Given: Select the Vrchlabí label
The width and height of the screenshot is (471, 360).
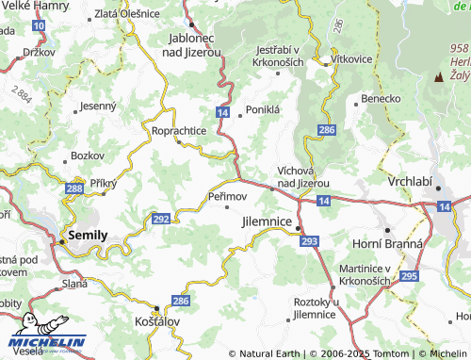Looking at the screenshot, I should pyautogui.click(x=413, y=179).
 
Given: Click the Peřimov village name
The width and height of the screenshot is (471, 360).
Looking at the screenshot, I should pyautogui.click(x=227, y=195).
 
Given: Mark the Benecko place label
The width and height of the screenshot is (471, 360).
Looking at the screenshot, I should pyautogui.click(x=382, y=97).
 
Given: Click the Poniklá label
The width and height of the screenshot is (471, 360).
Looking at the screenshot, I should pyautogui.click(x=264, y=110).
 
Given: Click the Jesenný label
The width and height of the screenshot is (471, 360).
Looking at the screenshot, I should pyautogui.click(x=97, y=106).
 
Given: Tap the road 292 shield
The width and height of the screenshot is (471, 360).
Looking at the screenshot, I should pyautogui.click(x=161, y=219).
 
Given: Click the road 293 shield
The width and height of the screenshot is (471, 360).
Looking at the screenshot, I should pyautogui.click(x=309, y=242).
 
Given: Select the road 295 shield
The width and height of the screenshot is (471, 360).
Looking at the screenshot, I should pyautogui.click(x=408, y=275).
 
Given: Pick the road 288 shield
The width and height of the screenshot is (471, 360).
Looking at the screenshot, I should pyautogui.click(x=74, y=189).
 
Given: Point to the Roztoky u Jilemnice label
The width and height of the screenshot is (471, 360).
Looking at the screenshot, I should pyautogui.click(x=314, y=307).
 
